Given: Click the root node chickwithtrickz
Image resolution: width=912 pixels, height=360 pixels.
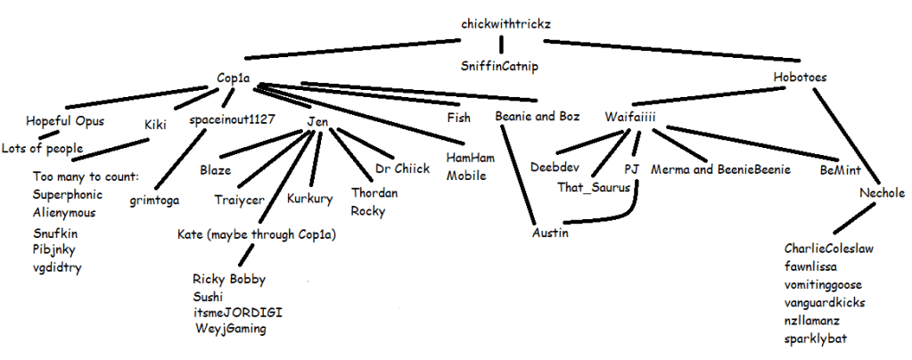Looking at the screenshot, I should point(506,23).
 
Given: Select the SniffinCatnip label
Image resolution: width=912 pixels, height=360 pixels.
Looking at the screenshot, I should point(498,66).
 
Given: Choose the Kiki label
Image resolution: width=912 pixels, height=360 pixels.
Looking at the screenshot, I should point(157,126).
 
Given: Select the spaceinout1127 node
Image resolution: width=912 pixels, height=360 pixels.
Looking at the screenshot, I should point(232,119).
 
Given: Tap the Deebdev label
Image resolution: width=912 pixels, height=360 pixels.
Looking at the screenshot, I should point(555,167).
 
